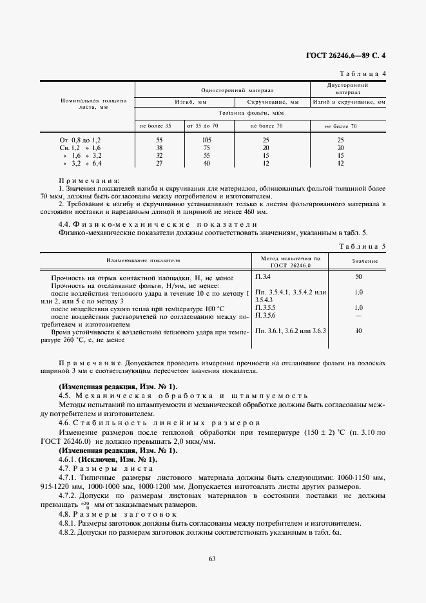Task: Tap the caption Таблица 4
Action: pos(362,73)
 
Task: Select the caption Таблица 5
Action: pos(362,247)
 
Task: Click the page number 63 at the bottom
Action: pos(212,558)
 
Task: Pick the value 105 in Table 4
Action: pos(207,140)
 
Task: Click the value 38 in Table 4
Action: pos(159,148)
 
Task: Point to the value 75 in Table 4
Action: pos(207,148)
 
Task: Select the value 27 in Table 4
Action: pos(159,164)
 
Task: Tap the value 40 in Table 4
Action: pos(207,164)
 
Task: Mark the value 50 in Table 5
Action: pos(358,277)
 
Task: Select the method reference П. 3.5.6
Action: pos(265,315)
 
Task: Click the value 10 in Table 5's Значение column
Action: pos(358,330)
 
